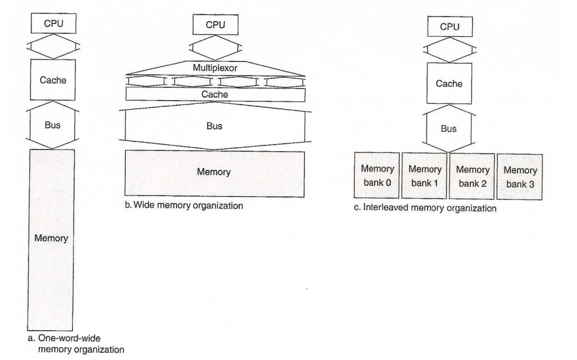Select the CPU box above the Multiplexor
214,25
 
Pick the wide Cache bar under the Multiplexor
214,94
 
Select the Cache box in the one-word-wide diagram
52,79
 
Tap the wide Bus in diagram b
214,126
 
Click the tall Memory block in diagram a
52,238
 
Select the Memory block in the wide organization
214,172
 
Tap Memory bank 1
424,175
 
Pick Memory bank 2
471,175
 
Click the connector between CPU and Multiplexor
214,47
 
